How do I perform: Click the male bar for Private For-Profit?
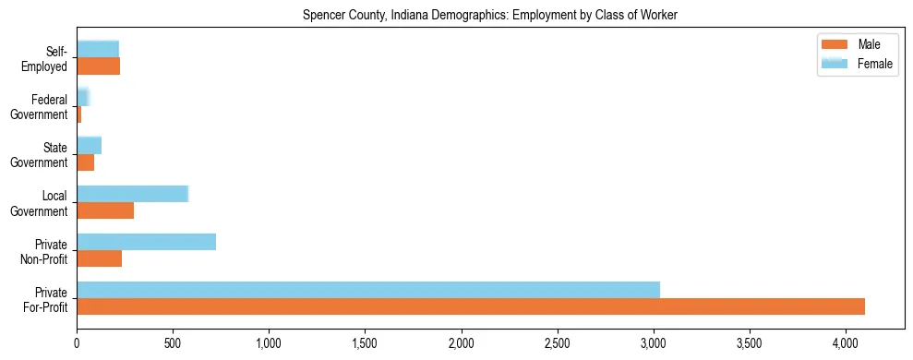point(471,306)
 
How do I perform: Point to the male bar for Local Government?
point(105,210)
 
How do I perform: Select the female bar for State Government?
point(89,145)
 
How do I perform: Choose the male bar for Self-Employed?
point(98,66)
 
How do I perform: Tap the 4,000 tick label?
point(845,344)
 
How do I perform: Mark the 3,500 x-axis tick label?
point(749,344)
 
